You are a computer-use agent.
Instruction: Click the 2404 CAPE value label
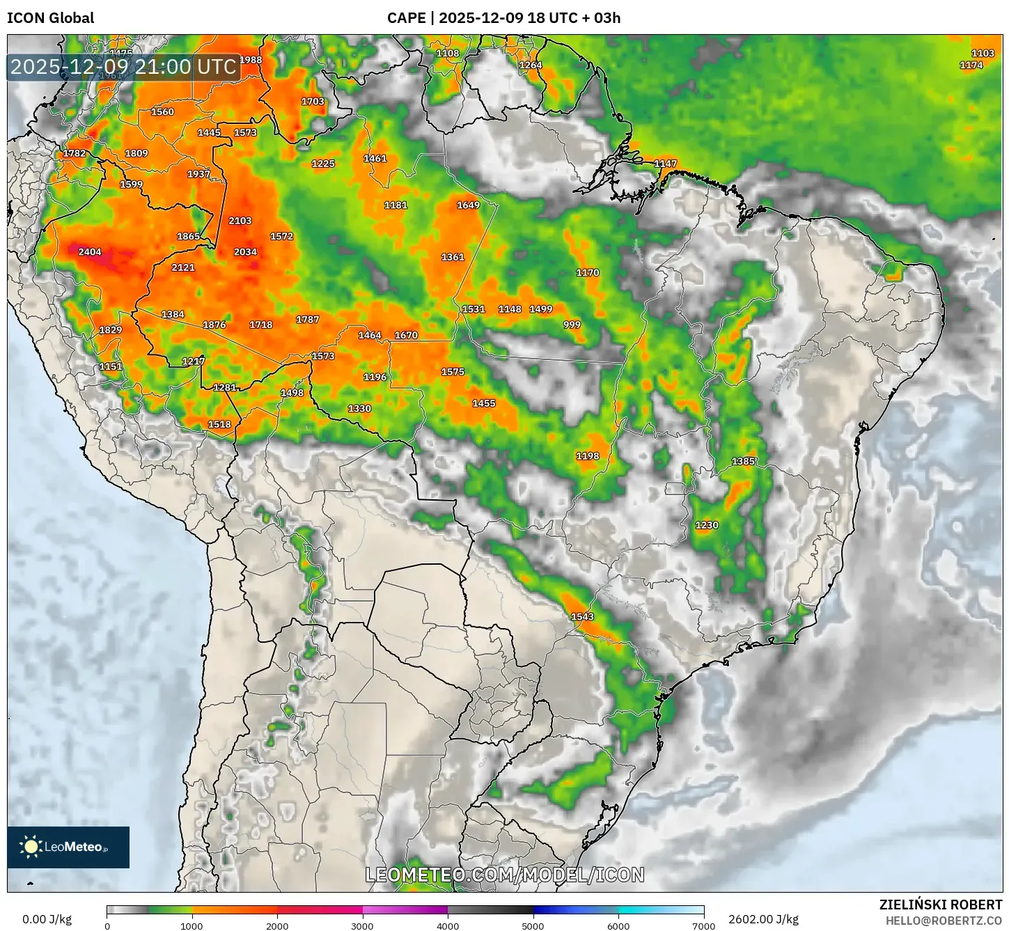click(90, 252)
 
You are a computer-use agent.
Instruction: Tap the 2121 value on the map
click(183, 267)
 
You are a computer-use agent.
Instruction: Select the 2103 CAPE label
click(240, 221)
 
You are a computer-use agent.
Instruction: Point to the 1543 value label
click(582, 617)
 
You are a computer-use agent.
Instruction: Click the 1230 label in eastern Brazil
click(707, 525)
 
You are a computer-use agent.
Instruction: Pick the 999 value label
click(572, 324)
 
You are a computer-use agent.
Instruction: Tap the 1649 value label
click(468, 205)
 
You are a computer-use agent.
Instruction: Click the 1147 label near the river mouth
click(665, 164)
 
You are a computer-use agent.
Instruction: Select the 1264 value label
click(531, 65)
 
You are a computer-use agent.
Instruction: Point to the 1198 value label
click(587, 456)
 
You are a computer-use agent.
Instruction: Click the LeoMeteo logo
click(68, 847)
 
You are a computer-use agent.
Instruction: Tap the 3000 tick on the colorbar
click(363, 925)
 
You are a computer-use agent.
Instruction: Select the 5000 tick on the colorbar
click(533, 925)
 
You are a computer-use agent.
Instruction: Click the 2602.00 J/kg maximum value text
click(763, 919)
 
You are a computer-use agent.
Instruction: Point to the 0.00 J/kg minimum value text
click(47, 919)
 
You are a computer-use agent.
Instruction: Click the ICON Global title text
click(50, 18)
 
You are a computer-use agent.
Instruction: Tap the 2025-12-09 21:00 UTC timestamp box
click(123, 67)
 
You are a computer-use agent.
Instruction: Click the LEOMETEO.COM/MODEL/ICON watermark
click(505, 875)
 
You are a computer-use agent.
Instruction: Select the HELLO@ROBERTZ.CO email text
click(944, 921)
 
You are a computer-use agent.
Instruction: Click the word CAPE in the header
click(406, 18)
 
